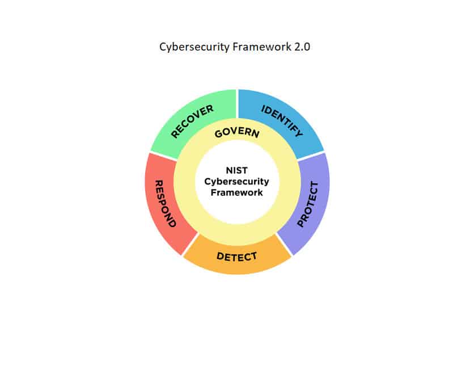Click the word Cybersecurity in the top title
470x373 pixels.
click(x=194, y=47)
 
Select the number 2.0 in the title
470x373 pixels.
click(x=302, y=47)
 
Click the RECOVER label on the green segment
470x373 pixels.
click(x=192, y=121)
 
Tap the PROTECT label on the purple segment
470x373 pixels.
click(x=307, y=204)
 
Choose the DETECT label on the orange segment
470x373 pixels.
click(x=237, y=257)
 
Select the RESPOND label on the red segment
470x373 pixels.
click(x=165, y=203)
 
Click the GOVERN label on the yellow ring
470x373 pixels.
click(x=237, y=133)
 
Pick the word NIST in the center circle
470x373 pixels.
click(x=237, y=170)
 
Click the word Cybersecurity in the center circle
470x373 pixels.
click(x=237, y=182)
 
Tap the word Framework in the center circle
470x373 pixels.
click(x=237, y=192)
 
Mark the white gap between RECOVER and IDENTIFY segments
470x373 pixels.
click(x=237, y=104)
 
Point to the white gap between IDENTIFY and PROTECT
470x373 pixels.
click(x=311, y=156)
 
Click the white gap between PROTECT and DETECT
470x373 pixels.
click(x=284, y=244)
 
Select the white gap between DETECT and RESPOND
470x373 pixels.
click(x=190, y=244)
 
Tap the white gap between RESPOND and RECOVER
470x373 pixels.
click(x=163, y=156)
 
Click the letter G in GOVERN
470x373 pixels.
click(x=219, y=134)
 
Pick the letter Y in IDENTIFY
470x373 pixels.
click(x=299, y=132)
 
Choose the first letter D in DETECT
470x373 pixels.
click(x=220, y=256)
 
